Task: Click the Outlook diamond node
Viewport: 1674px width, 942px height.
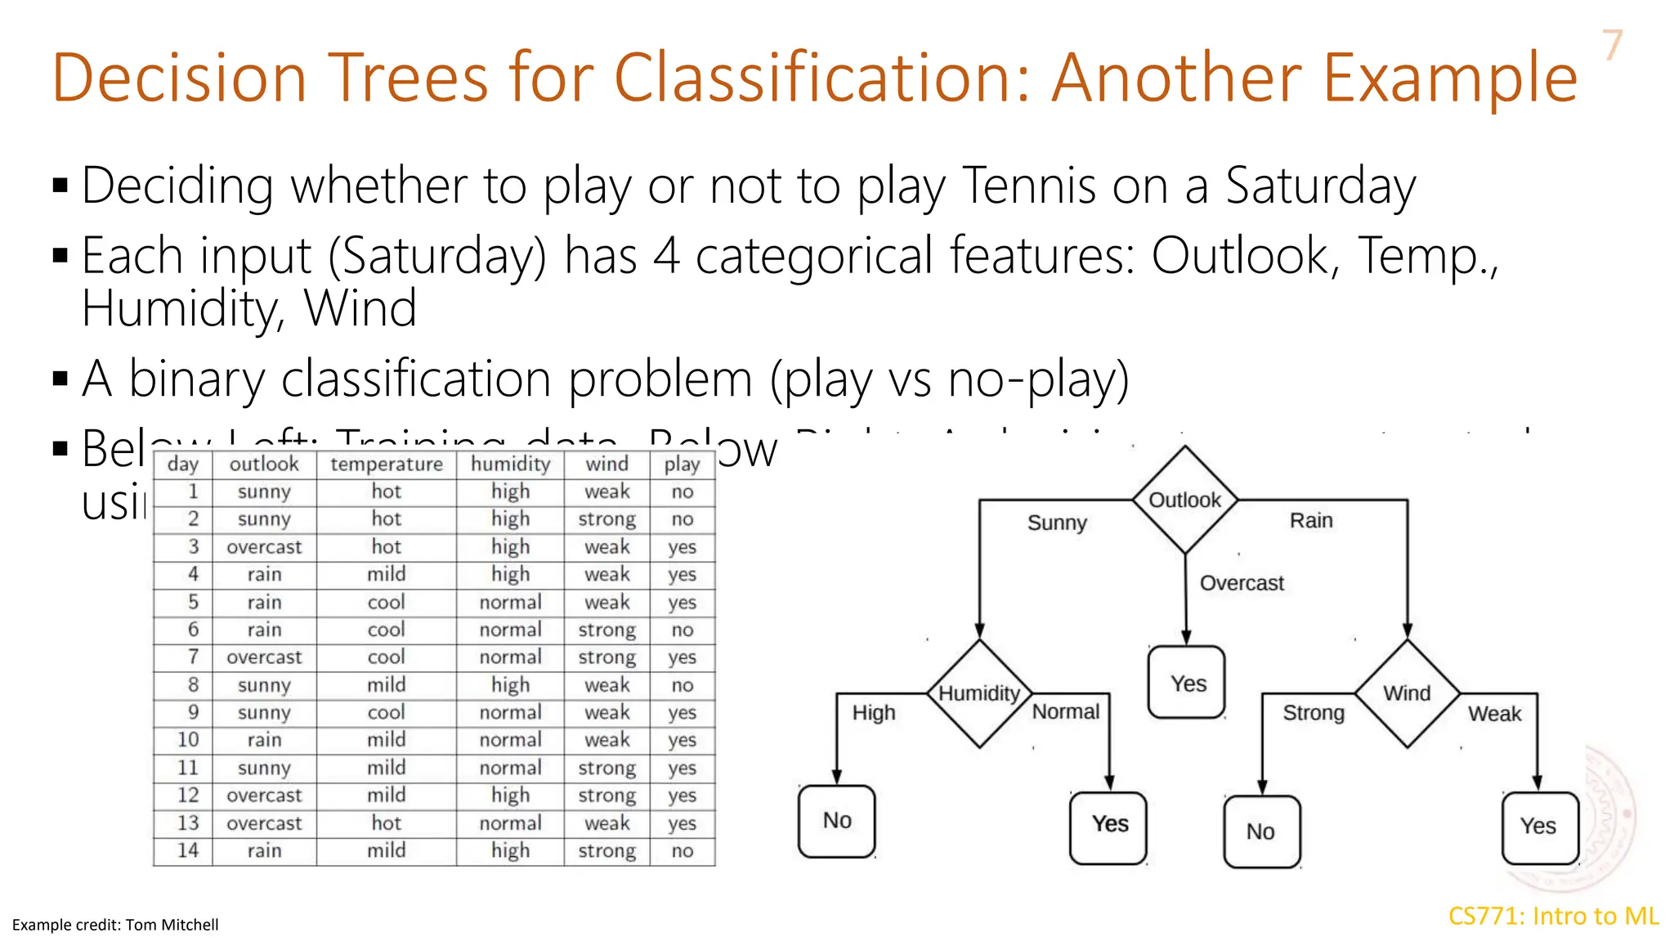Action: coord(1184,500)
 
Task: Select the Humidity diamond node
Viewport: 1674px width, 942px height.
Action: coord(979,693)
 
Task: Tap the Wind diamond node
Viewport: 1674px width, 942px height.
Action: coord(1407,693)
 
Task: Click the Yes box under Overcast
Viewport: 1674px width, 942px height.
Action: coord(1187,683)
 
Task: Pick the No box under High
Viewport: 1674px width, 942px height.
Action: coord(837,821)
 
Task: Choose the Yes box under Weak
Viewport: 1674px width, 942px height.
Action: coord(1539,827)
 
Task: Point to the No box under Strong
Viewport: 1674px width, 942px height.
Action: coord(1261,832)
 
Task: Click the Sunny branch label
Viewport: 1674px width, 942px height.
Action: coord(1057,523)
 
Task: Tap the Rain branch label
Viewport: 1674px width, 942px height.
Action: coord(1311,521)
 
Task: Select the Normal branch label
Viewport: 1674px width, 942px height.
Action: coord(1066,711)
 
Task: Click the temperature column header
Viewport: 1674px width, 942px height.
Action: coord(386,464)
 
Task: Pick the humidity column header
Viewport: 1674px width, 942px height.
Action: coord(510,464)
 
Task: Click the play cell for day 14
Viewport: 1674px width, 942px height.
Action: coord(682,851)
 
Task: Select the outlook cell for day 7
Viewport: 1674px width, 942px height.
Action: coord(264,657)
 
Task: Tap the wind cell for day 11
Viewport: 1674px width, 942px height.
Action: coord(606,768)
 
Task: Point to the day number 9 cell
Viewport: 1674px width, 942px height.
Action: coord(193,712)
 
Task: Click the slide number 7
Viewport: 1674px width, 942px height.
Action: coord(1611,45)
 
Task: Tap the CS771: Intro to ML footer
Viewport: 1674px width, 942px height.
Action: coord(1553,916)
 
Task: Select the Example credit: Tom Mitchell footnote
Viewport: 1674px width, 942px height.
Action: coord(115,925)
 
